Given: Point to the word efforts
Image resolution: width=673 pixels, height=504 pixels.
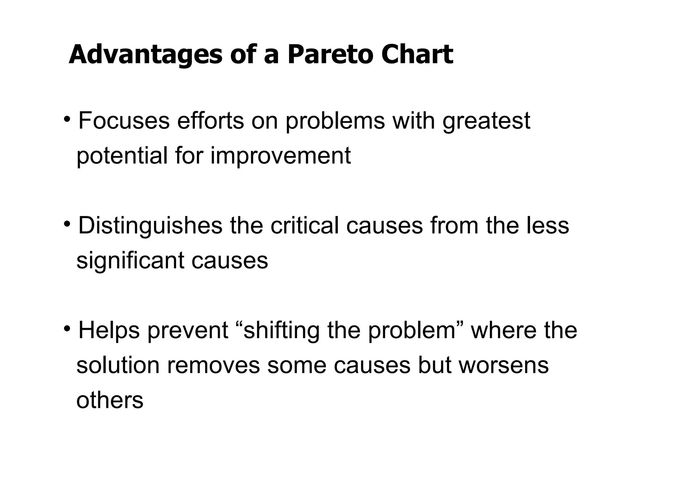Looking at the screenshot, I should coord(211,121).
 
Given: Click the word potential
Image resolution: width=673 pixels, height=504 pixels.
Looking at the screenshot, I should coord(122,156).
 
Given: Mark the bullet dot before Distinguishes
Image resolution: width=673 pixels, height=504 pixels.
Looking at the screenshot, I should coord(67,223).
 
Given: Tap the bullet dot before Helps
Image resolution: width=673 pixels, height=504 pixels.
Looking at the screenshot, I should coord(67,328).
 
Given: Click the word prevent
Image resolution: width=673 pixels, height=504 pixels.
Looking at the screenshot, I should coord(188,331).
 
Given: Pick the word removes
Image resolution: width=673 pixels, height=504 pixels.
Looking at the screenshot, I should coord(213,366).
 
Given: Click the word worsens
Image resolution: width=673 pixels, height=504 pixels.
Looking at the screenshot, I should coord(503,366).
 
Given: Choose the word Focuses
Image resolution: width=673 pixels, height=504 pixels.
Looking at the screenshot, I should coord(124,121).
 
